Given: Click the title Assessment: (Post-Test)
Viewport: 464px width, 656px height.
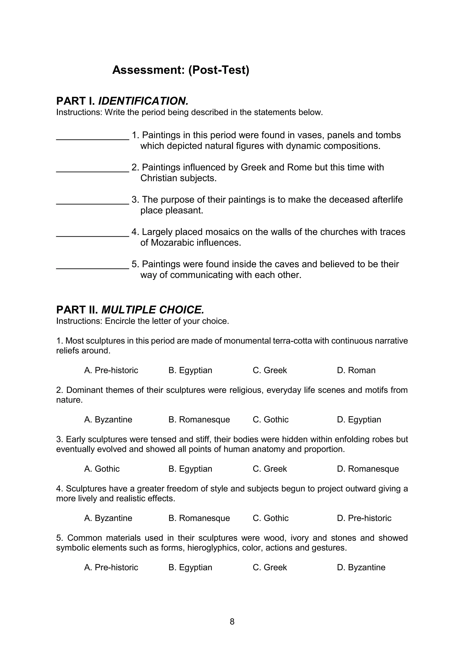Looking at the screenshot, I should [181, 70].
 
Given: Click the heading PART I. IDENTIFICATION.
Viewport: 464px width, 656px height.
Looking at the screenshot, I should [122, 101].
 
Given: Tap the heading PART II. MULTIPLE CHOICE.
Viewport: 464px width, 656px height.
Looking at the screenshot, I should [130, 310].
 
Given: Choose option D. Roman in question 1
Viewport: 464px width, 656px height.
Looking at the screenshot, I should [356, 370].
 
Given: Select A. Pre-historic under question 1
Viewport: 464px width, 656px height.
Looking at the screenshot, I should [111, 370].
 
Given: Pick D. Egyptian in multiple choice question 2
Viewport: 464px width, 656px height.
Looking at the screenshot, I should [359, 419].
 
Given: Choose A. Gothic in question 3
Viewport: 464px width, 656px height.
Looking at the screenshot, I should [102, 469].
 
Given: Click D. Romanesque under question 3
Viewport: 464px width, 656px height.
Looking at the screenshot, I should [368, 469].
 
